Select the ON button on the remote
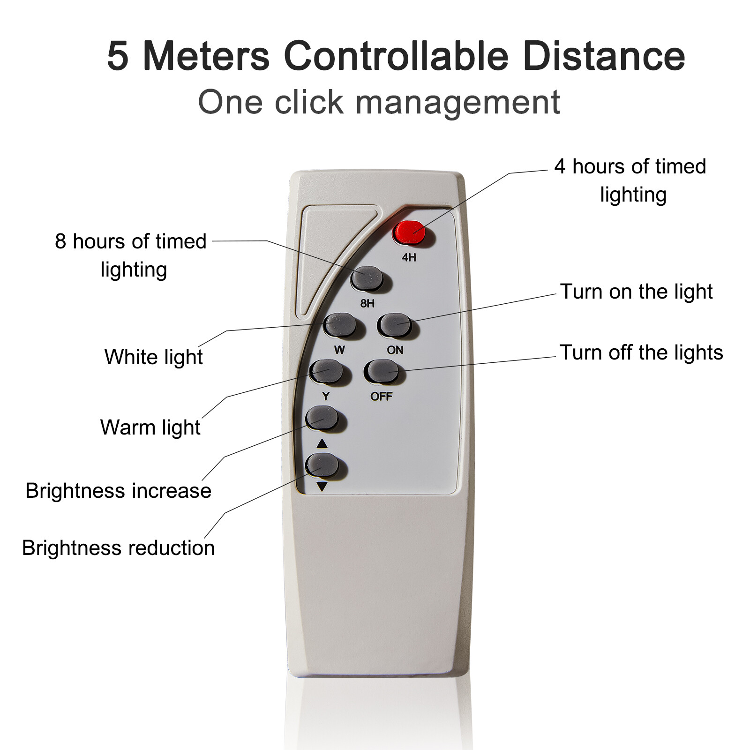[395, 325]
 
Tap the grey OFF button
[382, 372]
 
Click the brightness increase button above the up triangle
[322, 418]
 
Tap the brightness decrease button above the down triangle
[322, 465]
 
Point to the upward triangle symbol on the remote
[322, 443]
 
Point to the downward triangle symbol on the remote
[322, 487]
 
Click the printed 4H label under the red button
[409, 257]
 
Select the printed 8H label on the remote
[367, 304]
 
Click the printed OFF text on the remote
[381, 397]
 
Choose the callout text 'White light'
[154, 357]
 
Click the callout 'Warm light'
[150, 427]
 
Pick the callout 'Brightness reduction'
[119, 548]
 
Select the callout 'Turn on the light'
[637, 292]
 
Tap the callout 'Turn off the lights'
[642, 352]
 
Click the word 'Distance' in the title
[604, 56]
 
